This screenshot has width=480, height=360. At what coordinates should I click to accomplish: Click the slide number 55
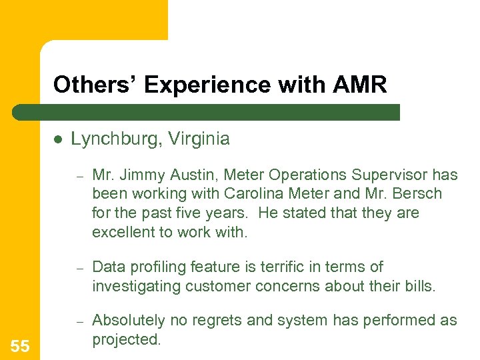(20, 346)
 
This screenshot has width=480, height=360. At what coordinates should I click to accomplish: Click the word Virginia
(199, 139)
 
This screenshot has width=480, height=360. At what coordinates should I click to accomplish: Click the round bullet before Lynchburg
(58, 139)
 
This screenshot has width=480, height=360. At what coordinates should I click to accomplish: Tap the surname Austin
(194, 175)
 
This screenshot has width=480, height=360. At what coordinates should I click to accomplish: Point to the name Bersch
(418, 194)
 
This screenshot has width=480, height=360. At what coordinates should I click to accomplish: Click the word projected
(126, 339)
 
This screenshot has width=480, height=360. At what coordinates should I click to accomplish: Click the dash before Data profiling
(79, 268)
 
